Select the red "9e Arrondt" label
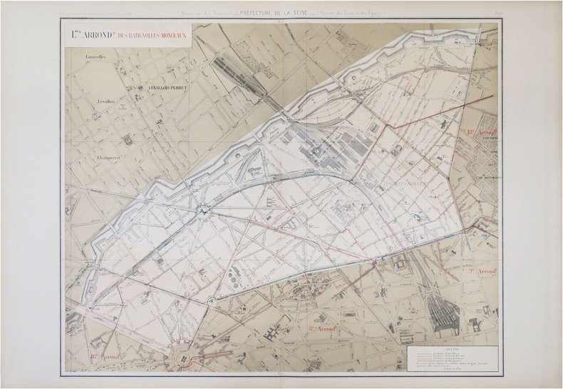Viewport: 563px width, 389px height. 482,272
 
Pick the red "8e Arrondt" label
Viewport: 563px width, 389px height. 321,328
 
